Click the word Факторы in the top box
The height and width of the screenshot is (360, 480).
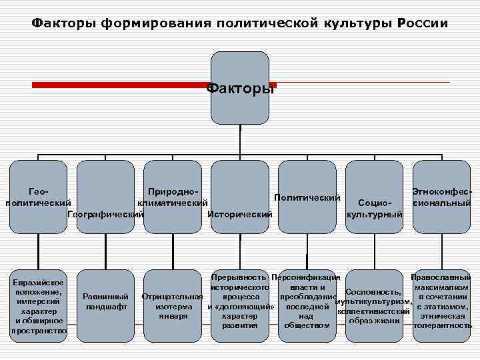click(x=240, y=88)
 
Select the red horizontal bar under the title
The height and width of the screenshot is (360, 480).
click(x=120, y=85)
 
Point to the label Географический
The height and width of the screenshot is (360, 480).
click(x=106, y=215)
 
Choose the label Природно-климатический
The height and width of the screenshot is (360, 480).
click(x=173, y=196)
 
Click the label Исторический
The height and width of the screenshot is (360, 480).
click(x=240, y=215)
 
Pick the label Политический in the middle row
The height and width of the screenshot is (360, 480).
click(x=307, y=198)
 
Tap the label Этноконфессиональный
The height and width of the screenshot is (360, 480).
click(x=442, y=197)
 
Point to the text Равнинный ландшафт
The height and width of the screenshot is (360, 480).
click(x=106, y=301)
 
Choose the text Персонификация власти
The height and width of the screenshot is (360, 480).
click(x=307, y=281)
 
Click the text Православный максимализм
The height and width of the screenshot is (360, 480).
click(x=442, y=281)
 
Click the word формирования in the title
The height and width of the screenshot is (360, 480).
click(x=154, y=24)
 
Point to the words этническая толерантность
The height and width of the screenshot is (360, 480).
click(x=443, y=321)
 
